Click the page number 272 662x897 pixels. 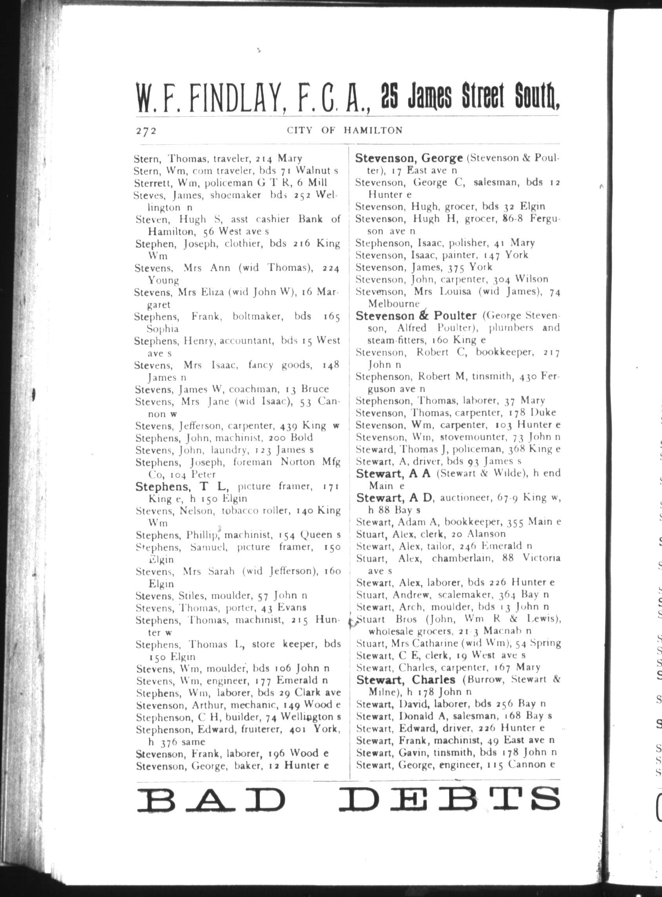[145, 131]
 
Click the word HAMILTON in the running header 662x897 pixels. [373, 131]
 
